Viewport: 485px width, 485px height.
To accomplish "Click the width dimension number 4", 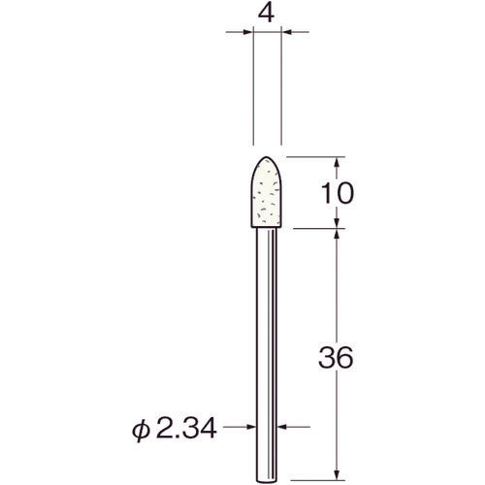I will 266,14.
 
